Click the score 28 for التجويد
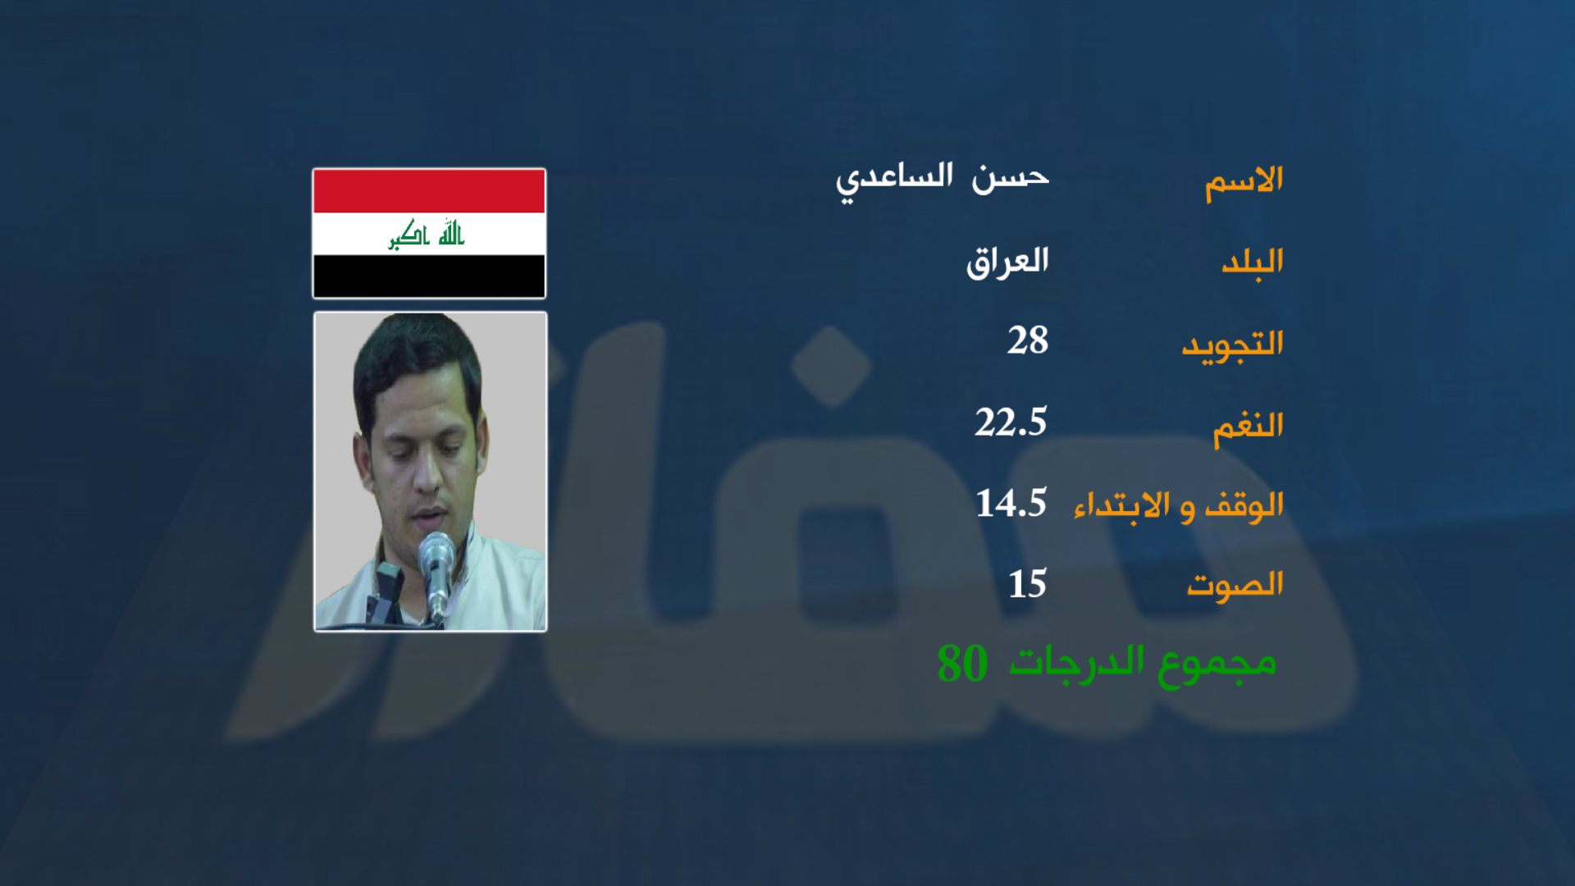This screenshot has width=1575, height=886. [1028, 340]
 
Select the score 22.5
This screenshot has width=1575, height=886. [1011, 422]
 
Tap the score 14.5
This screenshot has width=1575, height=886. [1011, 503]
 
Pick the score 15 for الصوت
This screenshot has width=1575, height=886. [1028, 584]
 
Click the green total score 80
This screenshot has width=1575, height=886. [962, 663]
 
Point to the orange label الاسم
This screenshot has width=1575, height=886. [1244, 182]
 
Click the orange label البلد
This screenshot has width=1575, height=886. [1253, 263]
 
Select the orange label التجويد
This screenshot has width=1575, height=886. [1232, 345]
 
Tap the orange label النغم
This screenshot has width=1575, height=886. [1249, 427]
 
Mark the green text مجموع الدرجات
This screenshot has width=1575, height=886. [1143, 664]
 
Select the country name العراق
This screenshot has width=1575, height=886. [1007, 263]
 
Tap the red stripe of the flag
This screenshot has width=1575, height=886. [429, 191]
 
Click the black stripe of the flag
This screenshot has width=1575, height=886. [429, 276]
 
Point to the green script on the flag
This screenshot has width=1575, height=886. [427, 234]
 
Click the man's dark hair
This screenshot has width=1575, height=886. [414, 353]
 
